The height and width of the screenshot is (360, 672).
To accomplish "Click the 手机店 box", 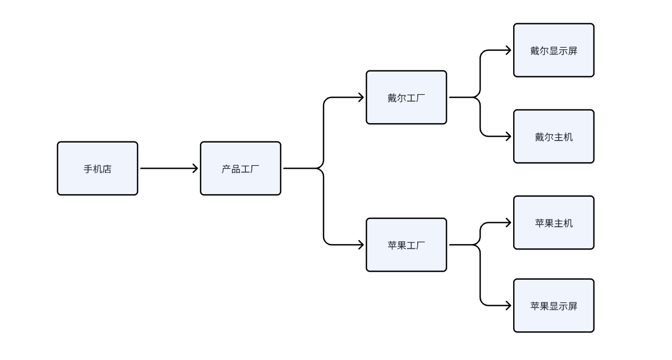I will click(x=98, y=169).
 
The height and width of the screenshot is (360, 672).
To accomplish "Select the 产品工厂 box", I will click(x=241, y=169).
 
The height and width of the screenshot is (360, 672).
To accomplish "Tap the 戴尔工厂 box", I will click(x=406, y=98).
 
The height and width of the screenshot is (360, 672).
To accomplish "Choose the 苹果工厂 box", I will click(x=406, y=245).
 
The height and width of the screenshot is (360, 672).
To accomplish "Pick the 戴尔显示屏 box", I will click(x=554, y=50).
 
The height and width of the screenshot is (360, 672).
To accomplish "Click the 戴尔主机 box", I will click(x=554, y=137).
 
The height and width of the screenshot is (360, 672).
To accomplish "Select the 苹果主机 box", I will click(x=554, y=223).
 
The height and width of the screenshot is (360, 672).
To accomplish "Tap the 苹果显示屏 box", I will click(x=554, y=306).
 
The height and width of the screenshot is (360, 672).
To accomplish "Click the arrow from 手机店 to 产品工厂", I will click(x=169, y=169).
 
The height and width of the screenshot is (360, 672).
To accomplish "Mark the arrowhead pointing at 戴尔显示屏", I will click(x=508, y=50).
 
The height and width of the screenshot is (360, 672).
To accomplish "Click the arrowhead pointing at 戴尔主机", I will click(x=508, y=137).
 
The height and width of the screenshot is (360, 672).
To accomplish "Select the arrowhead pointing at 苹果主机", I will click(x=508, y=223).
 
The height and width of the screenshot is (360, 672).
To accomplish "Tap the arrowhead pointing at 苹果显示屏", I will click(x=508, y=306).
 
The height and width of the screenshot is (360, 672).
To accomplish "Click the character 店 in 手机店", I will click(x=107, y=169).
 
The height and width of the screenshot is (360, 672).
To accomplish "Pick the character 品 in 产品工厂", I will click(x=236, y=169).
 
